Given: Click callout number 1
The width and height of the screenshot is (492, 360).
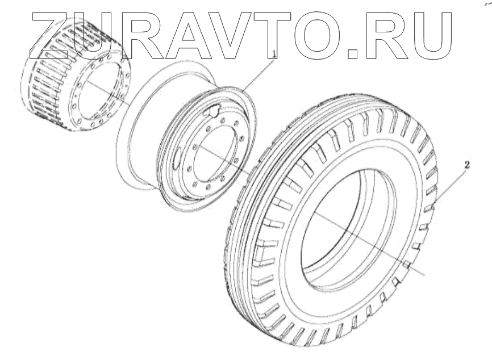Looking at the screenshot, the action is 274,55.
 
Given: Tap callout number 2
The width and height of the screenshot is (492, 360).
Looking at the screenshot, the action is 467,165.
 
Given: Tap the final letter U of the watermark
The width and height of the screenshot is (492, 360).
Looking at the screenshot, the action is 428,36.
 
